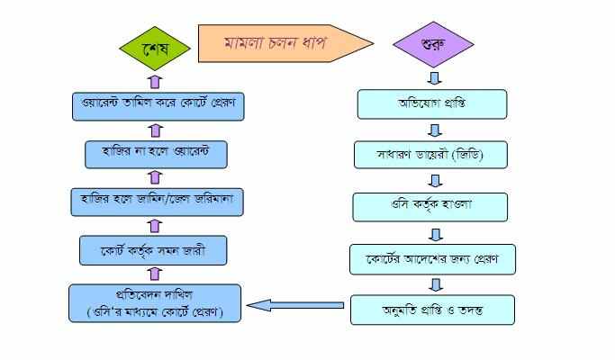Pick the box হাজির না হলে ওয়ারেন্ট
pyautogui.click(x=155, y=153)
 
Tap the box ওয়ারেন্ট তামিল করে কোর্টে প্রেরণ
pyautogui.click(x=155, y=105)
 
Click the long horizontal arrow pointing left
pyautogui.click(x=297, y=306)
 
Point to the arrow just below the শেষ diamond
pyautogui.click(x=154, y=80)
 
